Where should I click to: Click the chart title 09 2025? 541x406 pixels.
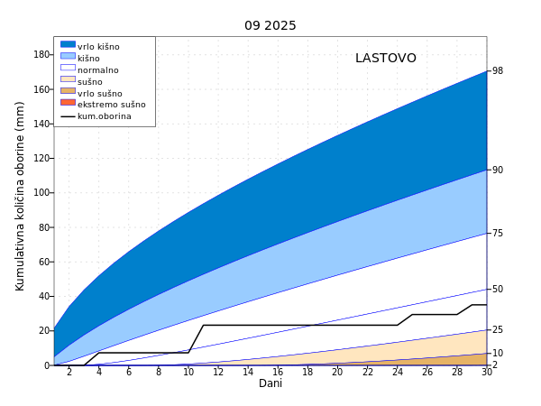pyautogui.click(x=270, y=25)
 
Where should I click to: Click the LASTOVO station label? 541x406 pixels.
pyautogui.click(x=386, y=58)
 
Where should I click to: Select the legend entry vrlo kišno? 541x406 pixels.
pyautogui.click(x=98, y=47)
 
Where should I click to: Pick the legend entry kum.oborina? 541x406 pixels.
pyautogui.click(x=105, y=116)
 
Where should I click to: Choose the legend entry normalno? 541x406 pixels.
pyautogui.click(x=98, y=70)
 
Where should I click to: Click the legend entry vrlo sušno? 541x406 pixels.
pyautogui.click(x=100, y=93)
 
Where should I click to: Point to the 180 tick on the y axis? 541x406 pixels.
pyautogui.click(x=41, y=54)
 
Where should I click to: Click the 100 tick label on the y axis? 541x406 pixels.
pyautogui.click(x=41, y=193)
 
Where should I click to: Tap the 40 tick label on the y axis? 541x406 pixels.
pyautogui.click(x=43, y=297)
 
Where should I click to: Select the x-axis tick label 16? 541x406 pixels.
pyautogui.click(x=278, y=372)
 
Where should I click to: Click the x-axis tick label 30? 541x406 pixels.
pyautogui.click(x=487, y=372)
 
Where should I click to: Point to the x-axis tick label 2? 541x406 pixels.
pyautogui.click(x=69, y=372)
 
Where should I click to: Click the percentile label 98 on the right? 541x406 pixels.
pyautogui.click(x=498, y=71)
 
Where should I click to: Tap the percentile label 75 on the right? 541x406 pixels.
pyautogui.click(x=498, y=234)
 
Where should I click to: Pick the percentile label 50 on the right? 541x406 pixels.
pyautogui.click(x=498, y=290)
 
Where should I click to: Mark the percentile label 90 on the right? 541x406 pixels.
pyautogui.click(x=498, y=170)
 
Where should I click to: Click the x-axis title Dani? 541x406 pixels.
pyautogui.click(x=270, y=383)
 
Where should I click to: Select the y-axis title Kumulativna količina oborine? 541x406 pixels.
pyautogui.click(x=20, y=195)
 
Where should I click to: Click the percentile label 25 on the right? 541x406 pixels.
pyautogui.click(x=498, y=330)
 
